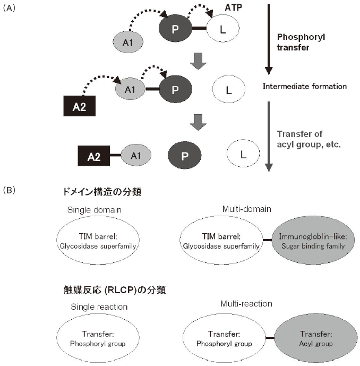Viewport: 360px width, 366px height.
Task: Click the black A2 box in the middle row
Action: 79,106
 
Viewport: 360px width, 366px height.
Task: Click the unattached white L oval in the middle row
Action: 229,89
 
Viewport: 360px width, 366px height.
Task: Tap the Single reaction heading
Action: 99,307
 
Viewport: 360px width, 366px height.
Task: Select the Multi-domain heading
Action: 245,209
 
